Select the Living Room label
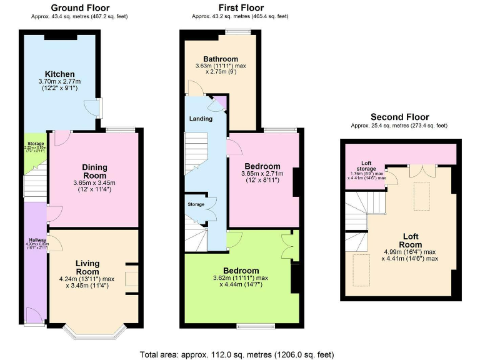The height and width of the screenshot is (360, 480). [87, 267]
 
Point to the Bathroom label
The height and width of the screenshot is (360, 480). [216, 59]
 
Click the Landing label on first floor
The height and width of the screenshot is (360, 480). [201, 118]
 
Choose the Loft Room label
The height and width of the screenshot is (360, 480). [410, 240]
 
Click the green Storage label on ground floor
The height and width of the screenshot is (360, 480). [35, 144]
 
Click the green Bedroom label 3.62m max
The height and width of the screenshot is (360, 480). [241, 271]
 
